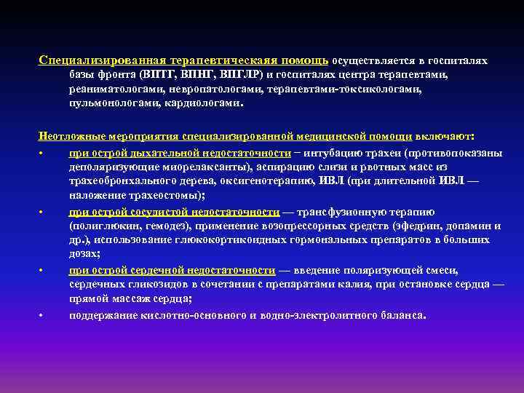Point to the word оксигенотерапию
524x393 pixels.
261,181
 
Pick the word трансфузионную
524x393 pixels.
354,212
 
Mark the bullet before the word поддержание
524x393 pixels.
43,316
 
